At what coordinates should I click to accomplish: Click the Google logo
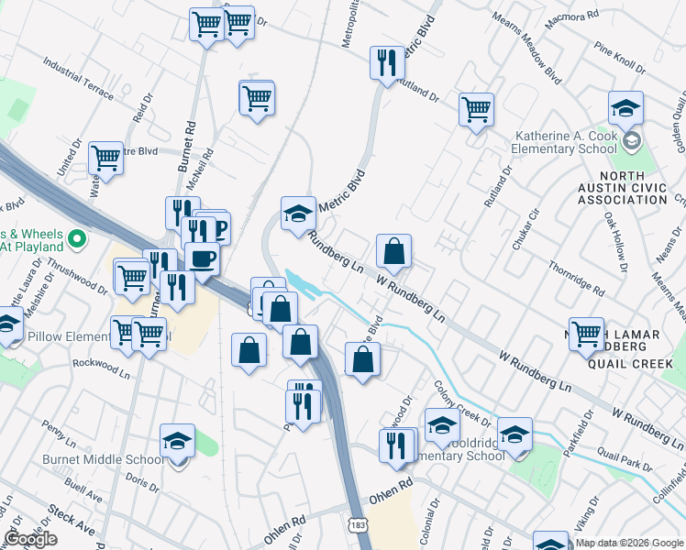click(x=30, y=539)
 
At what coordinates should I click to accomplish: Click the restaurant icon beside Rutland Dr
click(x=385, y=63)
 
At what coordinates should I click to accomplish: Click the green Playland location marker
click(x=77, y=239)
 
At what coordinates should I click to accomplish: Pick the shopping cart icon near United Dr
click(x=105, y=158)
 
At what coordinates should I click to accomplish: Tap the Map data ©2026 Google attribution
click(x=629, y=542)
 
